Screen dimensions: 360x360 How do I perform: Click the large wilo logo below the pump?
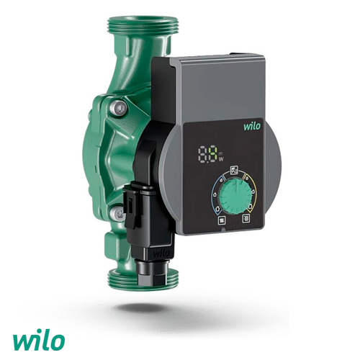point(38,340)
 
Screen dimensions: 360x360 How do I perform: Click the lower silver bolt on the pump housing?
point(117,213)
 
